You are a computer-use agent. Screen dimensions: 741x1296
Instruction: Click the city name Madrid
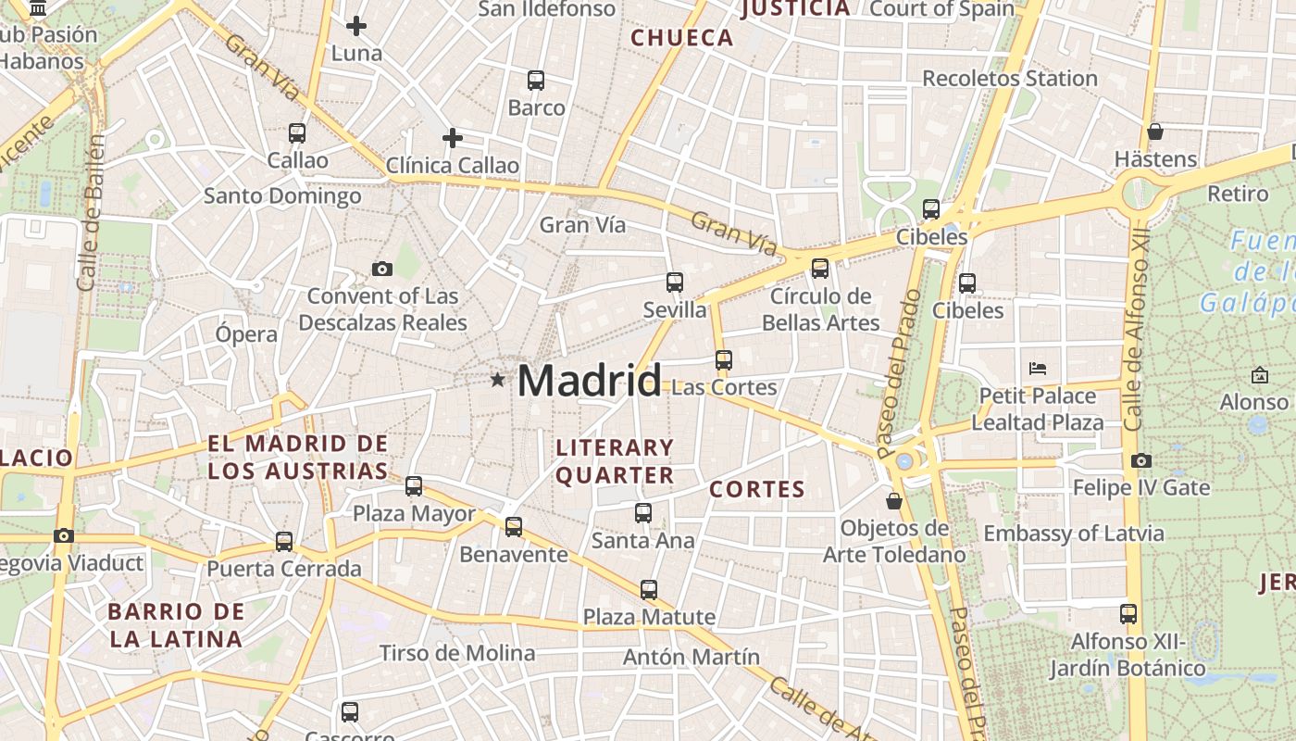tap(589, 381)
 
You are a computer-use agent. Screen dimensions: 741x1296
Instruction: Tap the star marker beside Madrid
tap(498, 379)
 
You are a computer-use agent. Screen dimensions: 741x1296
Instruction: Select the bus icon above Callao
tap(296, 133)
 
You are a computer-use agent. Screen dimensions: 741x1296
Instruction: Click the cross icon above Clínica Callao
tap(452, 139)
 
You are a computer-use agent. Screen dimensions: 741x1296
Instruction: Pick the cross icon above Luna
tap(355, 26)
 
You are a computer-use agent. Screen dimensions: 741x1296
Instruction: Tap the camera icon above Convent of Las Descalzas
tap(381, 270)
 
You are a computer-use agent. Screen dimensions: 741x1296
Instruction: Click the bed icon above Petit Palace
tap(1038, 369)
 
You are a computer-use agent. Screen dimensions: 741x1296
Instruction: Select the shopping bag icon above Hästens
tap(1154, 132)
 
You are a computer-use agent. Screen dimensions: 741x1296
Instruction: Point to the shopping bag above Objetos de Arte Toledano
tap(893, 501)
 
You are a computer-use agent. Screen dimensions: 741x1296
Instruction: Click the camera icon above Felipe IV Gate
tap(1141, 460)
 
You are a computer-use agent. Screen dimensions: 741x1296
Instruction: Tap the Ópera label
tap(245, 334)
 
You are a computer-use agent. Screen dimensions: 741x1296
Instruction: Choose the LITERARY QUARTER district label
tap(615, 461)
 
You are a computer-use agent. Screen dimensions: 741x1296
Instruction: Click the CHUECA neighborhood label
tap(681, 38)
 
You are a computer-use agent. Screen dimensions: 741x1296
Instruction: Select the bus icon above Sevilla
tap(674, 283)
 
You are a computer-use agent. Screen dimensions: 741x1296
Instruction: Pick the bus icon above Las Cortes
tap(723, 360)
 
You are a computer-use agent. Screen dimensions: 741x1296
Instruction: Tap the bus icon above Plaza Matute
tap(648, 589)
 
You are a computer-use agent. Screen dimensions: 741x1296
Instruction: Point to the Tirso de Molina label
tap(457, 653)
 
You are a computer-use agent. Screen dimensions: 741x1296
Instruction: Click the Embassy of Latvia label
tap(1073, 534)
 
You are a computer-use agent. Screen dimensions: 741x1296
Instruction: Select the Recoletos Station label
tap(1009, 79)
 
